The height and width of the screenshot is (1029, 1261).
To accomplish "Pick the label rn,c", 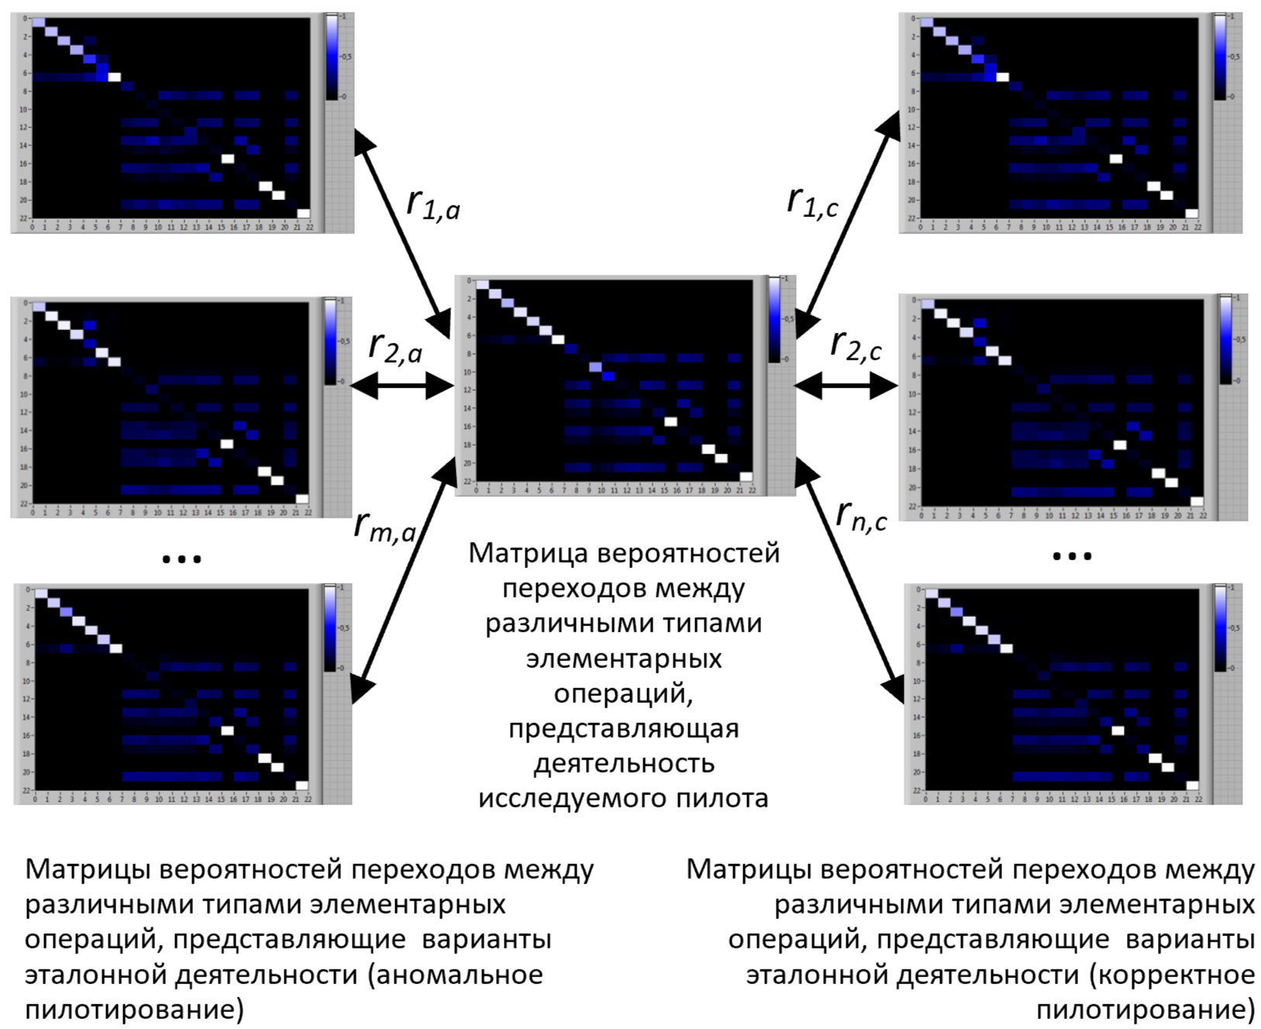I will pyautogui.click(x=861, y=514).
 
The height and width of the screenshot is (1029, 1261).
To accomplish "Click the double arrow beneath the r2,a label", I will pyautogui.click(x=401, y=384).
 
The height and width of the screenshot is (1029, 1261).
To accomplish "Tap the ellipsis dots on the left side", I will pyautogui.click(x=181, y=558).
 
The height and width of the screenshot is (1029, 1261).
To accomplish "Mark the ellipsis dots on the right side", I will pyautogui.click(x=1072, y=556).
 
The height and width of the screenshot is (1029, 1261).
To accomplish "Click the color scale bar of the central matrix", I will pyautogui.click(x=774, y=318).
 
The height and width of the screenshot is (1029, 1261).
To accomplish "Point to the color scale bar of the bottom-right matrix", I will pyautogui.click(x=1221, y=628).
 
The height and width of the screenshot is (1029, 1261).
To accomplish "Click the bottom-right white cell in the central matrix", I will pyautogui.click(x=746, y=477).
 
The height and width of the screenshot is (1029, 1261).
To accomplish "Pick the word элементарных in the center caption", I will pyautogui.click(x=623, y=659).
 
